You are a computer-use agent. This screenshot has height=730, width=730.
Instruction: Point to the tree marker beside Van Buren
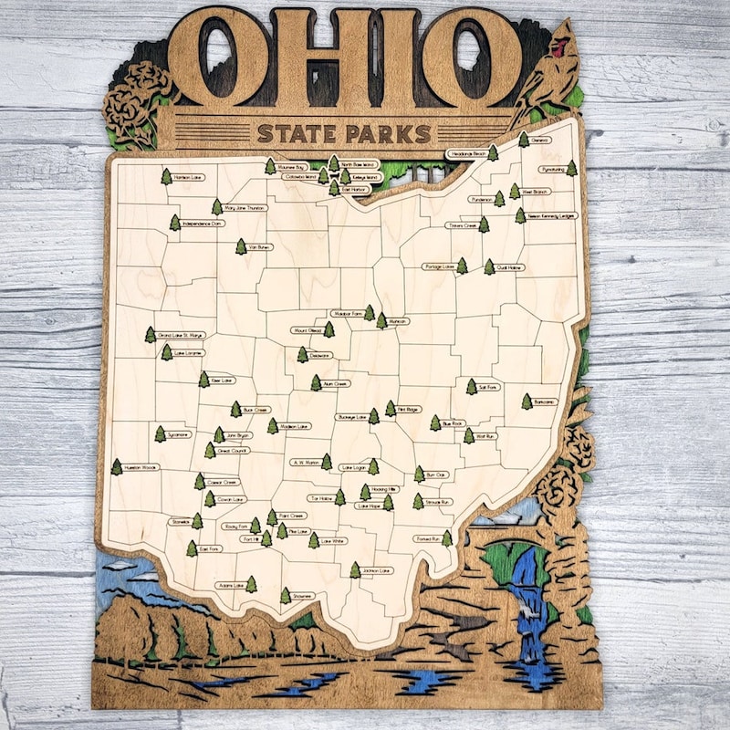241,246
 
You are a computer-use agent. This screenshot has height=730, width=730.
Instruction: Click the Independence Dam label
203,223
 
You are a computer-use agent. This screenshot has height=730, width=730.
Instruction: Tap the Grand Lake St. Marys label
181,336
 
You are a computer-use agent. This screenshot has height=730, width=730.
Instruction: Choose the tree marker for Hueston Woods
117,467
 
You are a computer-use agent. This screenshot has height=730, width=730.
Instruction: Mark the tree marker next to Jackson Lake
355,570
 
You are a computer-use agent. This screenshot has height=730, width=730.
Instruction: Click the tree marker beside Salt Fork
472,387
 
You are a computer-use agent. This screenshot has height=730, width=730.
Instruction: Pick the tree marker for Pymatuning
571,169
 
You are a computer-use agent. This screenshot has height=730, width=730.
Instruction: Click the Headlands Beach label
465,154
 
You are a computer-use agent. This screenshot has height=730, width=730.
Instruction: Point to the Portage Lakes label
439,266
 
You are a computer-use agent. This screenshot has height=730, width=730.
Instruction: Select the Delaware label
319,355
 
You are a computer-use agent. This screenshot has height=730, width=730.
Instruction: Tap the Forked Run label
427,539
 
